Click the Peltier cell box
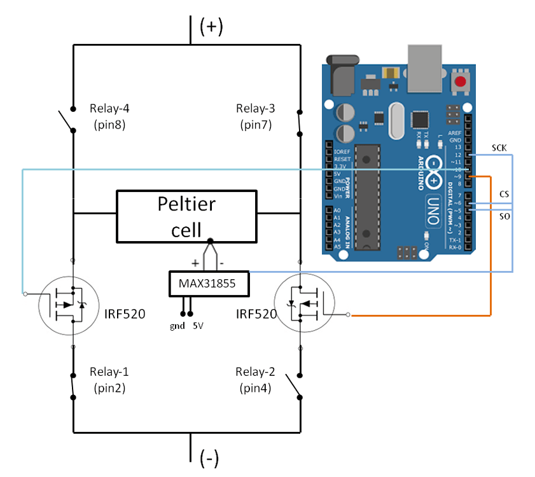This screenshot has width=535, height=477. click(x=185, y=216)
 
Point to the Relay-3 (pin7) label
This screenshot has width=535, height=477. click(x=256, y=116)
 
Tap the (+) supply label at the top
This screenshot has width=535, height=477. click(x=211, y=27)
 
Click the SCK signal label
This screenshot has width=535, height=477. click(x=500, y=148)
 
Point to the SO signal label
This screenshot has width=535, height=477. click(x=504, y=217)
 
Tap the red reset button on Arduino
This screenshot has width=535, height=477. click(x=460, y=82)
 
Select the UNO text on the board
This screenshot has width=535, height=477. click(x=433, y=210)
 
